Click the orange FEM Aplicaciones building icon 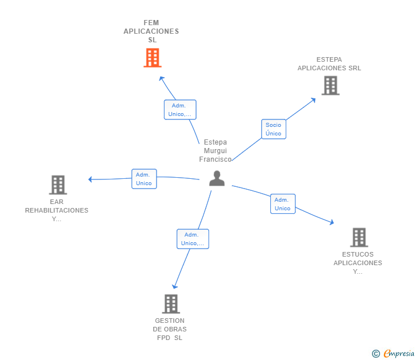point(152,58)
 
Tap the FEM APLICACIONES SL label point(151,31)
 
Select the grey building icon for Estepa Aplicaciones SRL point(330,86)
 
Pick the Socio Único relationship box point(274,129)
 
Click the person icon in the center point(217,179)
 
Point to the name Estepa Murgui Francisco point(215,151)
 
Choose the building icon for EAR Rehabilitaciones point(58,185)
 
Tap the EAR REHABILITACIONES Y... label point(57,210)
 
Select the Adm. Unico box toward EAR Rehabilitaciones point(143,179)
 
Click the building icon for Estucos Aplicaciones point(359,237)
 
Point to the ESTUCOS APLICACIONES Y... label point(358,263)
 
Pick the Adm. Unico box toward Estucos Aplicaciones point(282,204)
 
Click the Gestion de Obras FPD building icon point(171,303)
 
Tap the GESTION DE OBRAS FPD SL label point(170,329)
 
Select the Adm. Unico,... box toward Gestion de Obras point(193,239)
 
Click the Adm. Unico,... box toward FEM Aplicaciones point(180,110)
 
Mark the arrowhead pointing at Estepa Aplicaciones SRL point(313,100)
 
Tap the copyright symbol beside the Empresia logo point(376,354)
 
